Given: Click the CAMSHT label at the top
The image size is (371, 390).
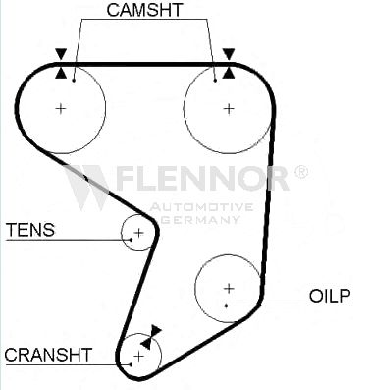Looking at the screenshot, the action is (x=144, y=10).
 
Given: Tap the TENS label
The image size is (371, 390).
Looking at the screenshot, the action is (x=30, y=230).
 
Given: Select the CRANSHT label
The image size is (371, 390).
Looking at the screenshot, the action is (x=48, y=355).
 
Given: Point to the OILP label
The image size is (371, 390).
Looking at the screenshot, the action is (x=330, y=296).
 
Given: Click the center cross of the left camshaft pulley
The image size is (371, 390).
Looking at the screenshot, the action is (x=61, y=108).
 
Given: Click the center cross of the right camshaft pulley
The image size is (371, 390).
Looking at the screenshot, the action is (x=229, y=108).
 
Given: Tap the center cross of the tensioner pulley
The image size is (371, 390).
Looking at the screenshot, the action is (x=139, y=233).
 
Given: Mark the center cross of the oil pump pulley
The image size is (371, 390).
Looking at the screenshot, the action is (x=229, y=288).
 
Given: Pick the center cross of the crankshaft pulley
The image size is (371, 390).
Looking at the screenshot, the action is (x=139, y=356).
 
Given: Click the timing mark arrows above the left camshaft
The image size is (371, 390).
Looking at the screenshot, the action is (x=61, y=63).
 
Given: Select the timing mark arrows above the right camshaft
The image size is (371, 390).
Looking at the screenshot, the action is (x=229, y=63).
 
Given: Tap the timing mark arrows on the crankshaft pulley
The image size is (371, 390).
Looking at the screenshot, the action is (x=151, y=337).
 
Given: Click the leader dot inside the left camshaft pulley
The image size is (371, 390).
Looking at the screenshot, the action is (x=74, y=80).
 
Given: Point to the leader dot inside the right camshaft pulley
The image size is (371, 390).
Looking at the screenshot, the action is (x=215, y=80).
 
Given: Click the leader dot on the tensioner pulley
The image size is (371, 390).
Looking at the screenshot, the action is (x=131, y=240).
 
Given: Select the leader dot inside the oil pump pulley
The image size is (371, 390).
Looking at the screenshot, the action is (x=226, y=306).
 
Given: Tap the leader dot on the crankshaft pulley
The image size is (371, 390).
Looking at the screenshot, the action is (x=131, y=364).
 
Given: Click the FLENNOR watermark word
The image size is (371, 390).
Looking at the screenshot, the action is (x=202, y=178).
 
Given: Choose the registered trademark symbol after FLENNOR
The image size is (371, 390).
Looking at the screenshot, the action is (x=301, y=172).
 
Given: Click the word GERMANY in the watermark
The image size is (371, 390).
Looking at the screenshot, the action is (x=201, y=219).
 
